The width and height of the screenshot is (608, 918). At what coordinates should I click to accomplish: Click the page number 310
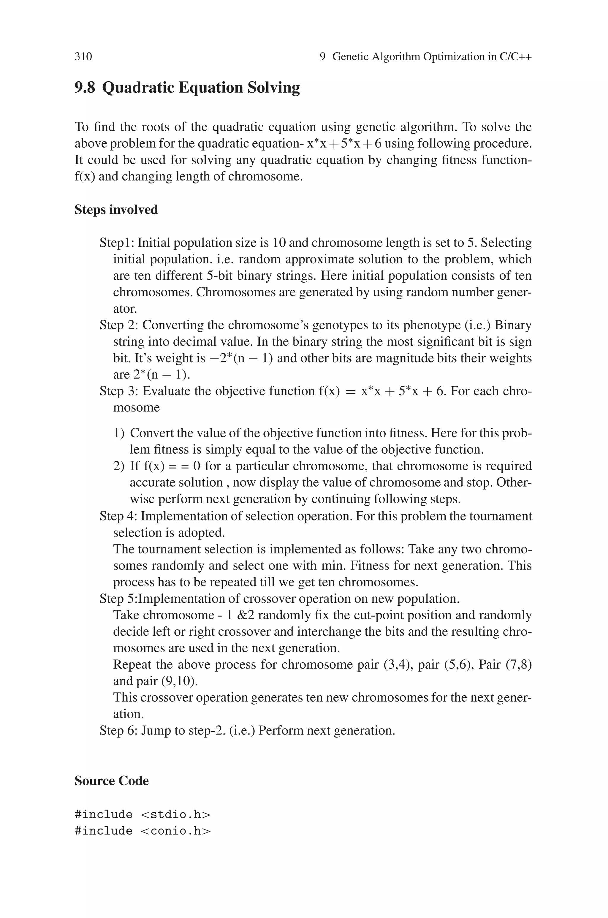[x=83, y=57]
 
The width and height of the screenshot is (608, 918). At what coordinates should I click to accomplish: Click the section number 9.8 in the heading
[x=85, y=87]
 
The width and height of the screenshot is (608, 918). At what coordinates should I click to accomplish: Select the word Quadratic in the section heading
[x=138, y=87]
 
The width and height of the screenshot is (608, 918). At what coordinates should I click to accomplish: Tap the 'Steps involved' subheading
[x=116, y=210]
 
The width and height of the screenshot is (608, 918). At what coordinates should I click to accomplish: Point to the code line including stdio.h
[x=142, y=814]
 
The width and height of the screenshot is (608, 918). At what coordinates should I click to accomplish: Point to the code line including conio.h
[x=142, y=831]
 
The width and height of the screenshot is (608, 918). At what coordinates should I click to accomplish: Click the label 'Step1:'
[x=117, y=243]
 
